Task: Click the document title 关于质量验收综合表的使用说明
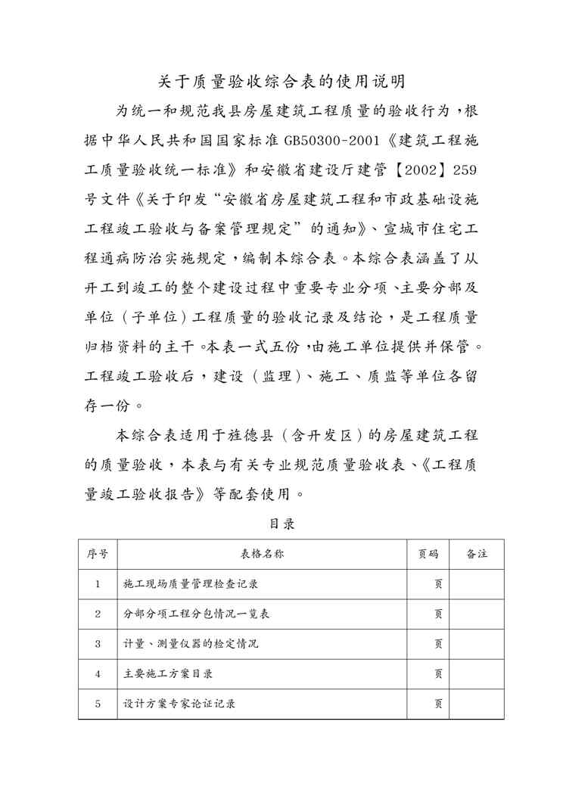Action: [281, 80]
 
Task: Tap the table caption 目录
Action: [281, 523]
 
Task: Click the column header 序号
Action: [98, 554]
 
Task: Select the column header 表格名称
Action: [262, 554]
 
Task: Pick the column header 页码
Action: [428, 554]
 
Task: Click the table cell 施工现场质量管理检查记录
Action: [185, 584]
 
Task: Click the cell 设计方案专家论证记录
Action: [179, 704]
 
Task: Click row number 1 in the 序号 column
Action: [98, 584]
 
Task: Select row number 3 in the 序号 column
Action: [98, 644]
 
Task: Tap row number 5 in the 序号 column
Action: [98, 704]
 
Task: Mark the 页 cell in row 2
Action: [437, 614]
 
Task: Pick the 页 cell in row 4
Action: [437, 673]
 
